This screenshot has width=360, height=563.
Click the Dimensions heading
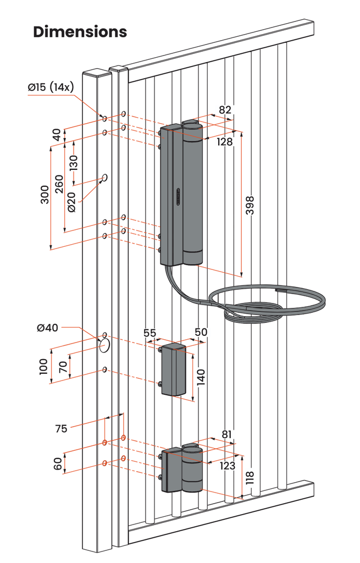[x=80, y=31]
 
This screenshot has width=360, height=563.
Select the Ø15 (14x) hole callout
[x=51, y=87]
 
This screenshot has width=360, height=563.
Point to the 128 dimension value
[x=224, y=141]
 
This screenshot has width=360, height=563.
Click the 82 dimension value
[x=225, y=109]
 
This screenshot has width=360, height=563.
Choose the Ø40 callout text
[x=48, y=328]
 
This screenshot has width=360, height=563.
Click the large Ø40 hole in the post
[x=104, y=345]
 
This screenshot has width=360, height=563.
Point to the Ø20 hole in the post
[x=104, y=178]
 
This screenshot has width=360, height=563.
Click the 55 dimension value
[x=149, y=333]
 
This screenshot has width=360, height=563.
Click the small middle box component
[x=174, y=369]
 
